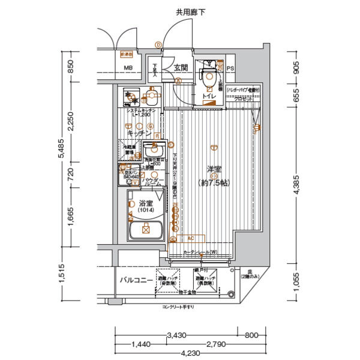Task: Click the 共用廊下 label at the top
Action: [190, 12]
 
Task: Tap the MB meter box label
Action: [128, 68]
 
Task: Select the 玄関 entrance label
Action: [181, 68]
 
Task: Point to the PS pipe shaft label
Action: [230, 68]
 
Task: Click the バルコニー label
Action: [134, 280]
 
